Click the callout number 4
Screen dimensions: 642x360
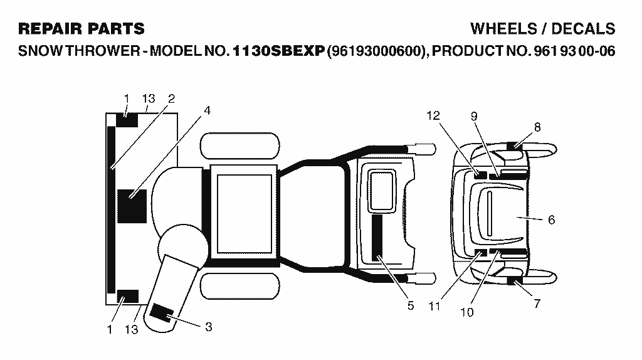click(207, 110)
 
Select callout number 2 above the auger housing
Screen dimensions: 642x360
click(172, 98)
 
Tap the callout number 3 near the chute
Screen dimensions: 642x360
click(208, 327)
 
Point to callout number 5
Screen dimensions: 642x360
click(411, 306)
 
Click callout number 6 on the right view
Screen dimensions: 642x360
click(552, 220)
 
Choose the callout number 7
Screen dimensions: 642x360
click(537, 304)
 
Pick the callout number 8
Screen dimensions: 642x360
click(537, 127)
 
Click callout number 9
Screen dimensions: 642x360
click(474, 116)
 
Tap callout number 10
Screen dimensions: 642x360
click(466, 312)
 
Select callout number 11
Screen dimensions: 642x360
click(434, 306)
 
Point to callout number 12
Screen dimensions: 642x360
click(433, 116)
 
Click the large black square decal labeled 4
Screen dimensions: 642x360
click(132, 206)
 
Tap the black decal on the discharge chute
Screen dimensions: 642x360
click(161, 314)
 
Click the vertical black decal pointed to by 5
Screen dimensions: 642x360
click(377, 237)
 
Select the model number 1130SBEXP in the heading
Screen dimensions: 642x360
click(279, 51)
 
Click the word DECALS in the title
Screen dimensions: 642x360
click(583, 29)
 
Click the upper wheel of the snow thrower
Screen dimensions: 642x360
click(240, 146)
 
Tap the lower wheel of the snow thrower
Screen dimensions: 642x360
click(240, 286)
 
